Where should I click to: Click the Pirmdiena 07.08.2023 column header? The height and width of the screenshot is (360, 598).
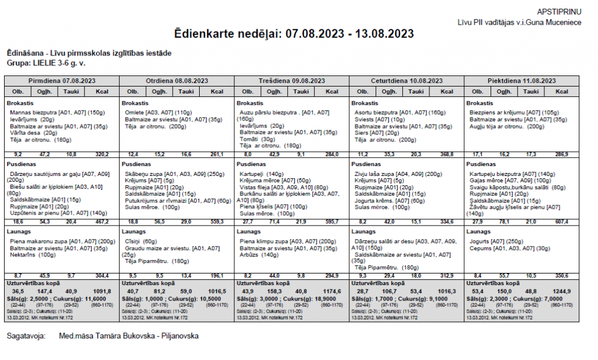[x=62, y=81]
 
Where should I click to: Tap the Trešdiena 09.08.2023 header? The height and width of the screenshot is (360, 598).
[x=292, y=81]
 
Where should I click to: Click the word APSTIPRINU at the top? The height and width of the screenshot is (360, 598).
[x=568, y=12]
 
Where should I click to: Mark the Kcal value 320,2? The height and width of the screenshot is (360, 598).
[x=103, y=154]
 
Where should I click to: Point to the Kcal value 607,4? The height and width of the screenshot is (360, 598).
[x=562, y=222]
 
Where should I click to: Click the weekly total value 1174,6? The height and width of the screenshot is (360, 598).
[x=332, y=290]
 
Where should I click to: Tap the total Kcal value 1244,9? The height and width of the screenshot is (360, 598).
[x=562, y=290]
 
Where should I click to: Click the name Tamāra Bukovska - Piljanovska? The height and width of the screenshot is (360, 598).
[x=129, y=336]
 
